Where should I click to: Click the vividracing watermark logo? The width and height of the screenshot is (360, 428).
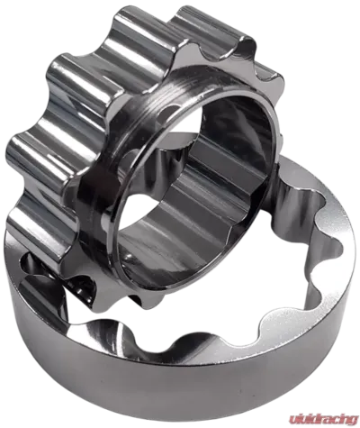pyautogui.click(x=324, y=419)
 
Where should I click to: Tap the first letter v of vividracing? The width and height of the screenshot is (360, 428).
pyautogui.click(x=292, y=419)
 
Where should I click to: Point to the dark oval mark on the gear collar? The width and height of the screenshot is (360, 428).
pyautogui.click(x=166, y=114)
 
